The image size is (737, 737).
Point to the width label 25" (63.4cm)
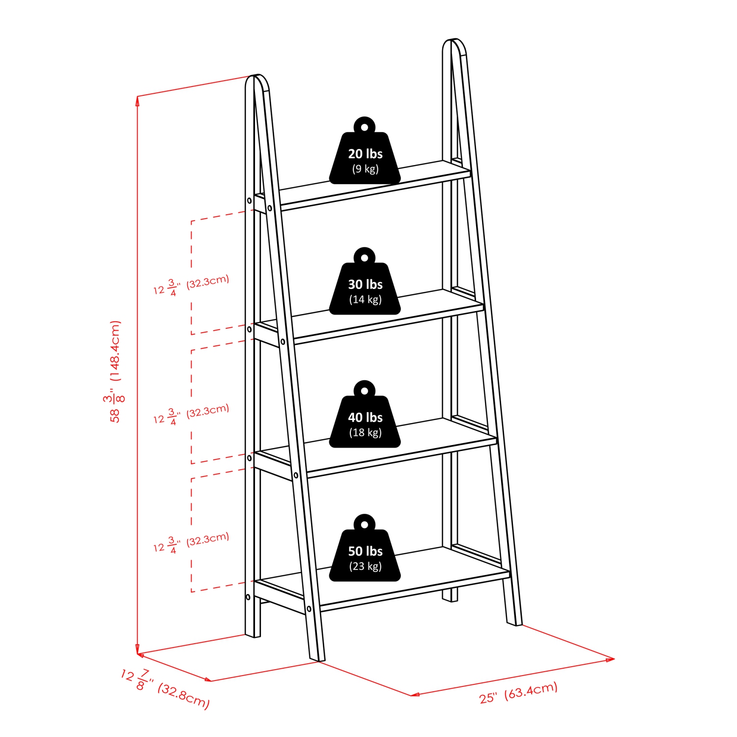518,692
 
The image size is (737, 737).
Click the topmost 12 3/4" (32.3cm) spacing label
191,284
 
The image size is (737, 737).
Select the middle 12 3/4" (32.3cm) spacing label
191,414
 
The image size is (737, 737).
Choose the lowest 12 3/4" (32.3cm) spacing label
191,542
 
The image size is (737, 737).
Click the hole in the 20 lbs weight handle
364,127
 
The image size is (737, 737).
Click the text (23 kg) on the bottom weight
365,566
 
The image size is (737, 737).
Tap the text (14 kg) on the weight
365,299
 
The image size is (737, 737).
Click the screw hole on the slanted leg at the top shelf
270,208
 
